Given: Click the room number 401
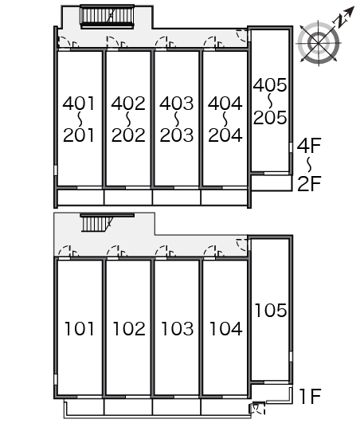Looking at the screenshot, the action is [x=79, y=104].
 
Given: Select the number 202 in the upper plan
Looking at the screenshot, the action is [x=128, y=135].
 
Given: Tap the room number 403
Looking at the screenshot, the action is [x=176, y=104].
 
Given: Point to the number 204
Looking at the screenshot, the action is [x=225, y=135].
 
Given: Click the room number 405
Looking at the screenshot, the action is [x=270, y=85].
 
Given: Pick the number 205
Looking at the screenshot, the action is [x=270, y=117].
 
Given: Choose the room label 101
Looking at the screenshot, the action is [x=80, y=328].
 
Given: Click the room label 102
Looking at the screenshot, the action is [x=129, y=328].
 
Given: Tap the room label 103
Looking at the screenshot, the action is [x=177, y=328].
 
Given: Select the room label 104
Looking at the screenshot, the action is [x=225, y=328].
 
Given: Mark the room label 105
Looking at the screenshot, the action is [x=271, y=310].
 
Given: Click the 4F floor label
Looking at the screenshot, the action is [x=309, y=145].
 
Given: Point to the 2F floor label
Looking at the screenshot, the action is [x=309, y=183].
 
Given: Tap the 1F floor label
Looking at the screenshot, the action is [x=310, y=396].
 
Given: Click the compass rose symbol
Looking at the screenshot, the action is [x=319, y=43].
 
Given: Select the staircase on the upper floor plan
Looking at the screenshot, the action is [x=107, y=16].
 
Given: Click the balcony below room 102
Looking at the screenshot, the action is [x=128, y=407].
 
